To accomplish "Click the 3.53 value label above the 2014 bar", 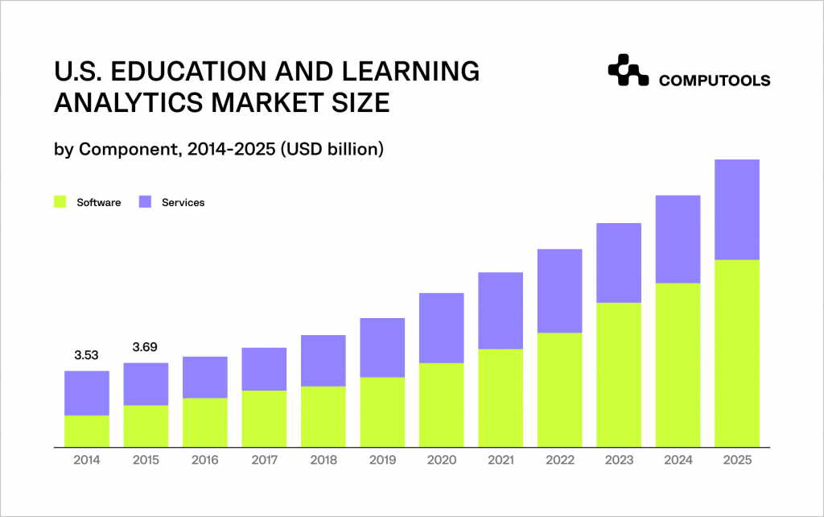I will [86, 356].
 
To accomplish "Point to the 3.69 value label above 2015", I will [145, 348].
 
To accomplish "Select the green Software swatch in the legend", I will [60, 202].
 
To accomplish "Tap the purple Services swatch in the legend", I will [145, 202].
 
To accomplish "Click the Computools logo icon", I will [628, 70].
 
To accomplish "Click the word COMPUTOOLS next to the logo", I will [714, 81].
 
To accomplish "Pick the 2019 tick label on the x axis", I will [382, 460].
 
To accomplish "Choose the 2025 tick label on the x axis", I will [737, 460].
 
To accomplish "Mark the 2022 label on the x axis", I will [559, 460].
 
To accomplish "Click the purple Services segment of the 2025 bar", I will [737, 209].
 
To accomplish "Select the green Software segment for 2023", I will [619, 374].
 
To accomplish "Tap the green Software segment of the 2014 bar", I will [86, 431].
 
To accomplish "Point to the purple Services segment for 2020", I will [441, 328].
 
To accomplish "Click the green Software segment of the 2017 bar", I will [264, 419].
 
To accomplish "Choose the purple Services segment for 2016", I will [204, 377].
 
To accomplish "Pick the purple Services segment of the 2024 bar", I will [678, 239].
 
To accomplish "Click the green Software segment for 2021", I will [501, 398].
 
